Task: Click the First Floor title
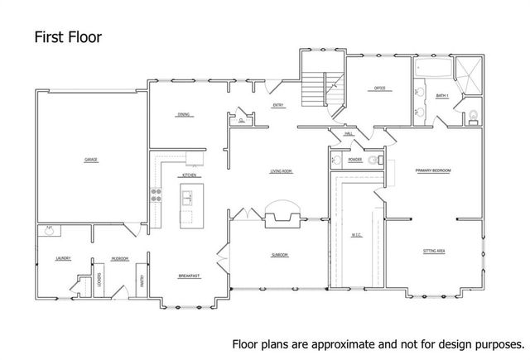click(68, 37)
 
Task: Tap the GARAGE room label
click(90, 159)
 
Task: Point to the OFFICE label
click(380, 89)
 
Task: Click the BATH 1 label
click(441, 96)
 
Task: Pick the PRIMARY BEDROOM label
click(433, 170)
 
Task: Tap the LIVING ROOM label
click(282, 171)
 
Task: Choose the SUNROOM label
click(280, 255)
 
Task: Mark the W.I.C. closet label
click(356, 234)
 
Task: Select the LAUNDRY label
click(63, 258)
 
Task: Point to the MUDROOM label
click(119, 258)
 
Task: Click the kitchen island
click(187, 204)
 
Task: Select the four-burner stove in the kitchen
click(155, 197)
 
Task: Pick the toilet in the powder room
click(335, 159)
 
